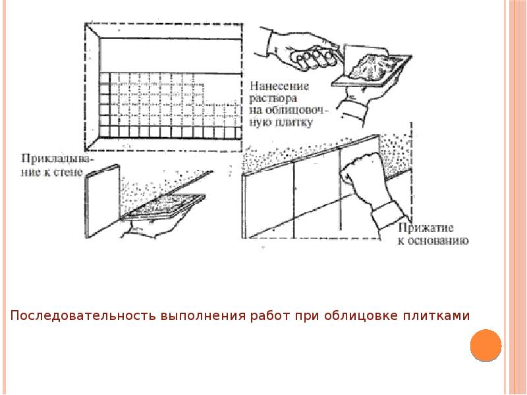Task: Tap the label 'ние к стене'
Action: (52, 172)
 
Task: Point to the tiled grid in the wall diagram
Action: (158, 105)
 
